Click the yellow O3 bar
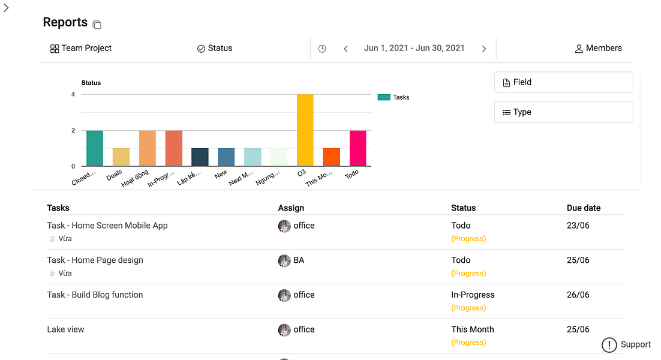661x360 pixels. click(x=305, y=130)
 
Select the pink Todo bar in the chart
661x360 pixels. click(x=357, y=148)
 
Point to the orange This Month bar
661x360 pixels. click(x=331, y=157)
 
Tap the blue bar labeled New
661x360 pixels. click(x=226, y=157)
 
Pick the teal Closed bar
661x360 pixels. click(x=95, y=148)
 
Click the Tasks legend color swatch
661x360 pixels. click(x=384, y=97)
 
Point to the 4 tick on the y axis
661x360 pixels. click(x=73, y=94)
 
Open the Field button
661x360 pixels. click(x=563, y=82)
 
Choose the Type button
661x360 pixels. click(x=563, y=112)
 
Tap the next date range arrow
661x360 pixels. click(x=484, y=49)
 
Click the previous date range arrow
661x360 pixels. click(x=345, y=49)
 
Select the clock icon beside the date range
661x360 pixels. click(x=322, y=49)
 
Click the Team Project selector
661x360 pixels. click(x=81, y=49)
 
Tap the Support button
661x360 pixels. click(x=627, y=344)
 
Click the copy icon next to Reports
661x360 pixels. click(x=97, y=25)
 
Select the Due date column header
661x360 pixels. click(x=584, y=208)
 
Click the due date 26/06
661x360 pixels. click(x=578, y=295)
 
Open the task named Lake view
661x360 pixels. click(x=66, y=329)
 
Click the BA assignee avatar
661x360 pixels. click(x=284, y=260)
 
